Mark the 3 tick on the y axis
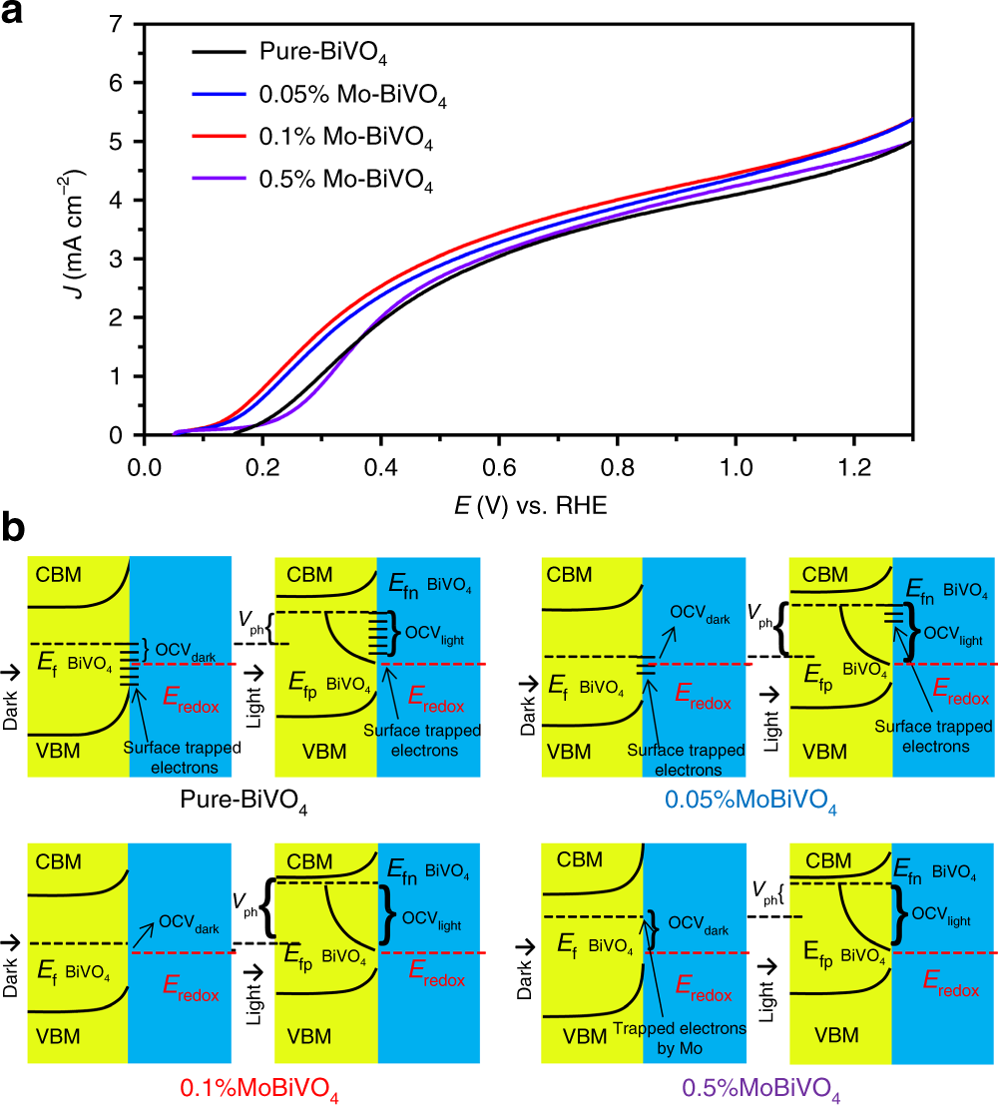[x=117, y=260]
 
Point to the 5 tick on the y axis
[x=117, y=142]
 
